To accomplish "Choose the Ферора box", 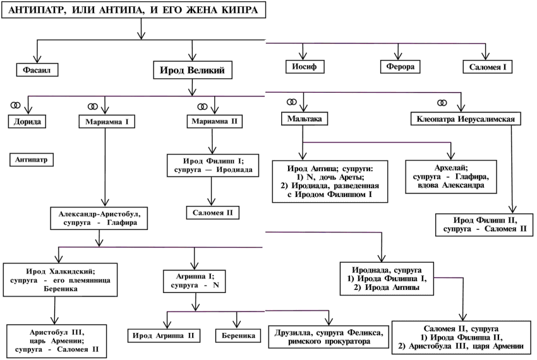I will (396, 66).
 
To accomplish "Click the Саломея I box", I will (487, 66).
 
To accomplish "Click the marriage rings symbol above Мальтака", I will (291, 102).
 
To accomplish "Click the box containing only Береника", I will (238, 335).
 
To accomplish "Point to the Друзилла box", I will (327, 335).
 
